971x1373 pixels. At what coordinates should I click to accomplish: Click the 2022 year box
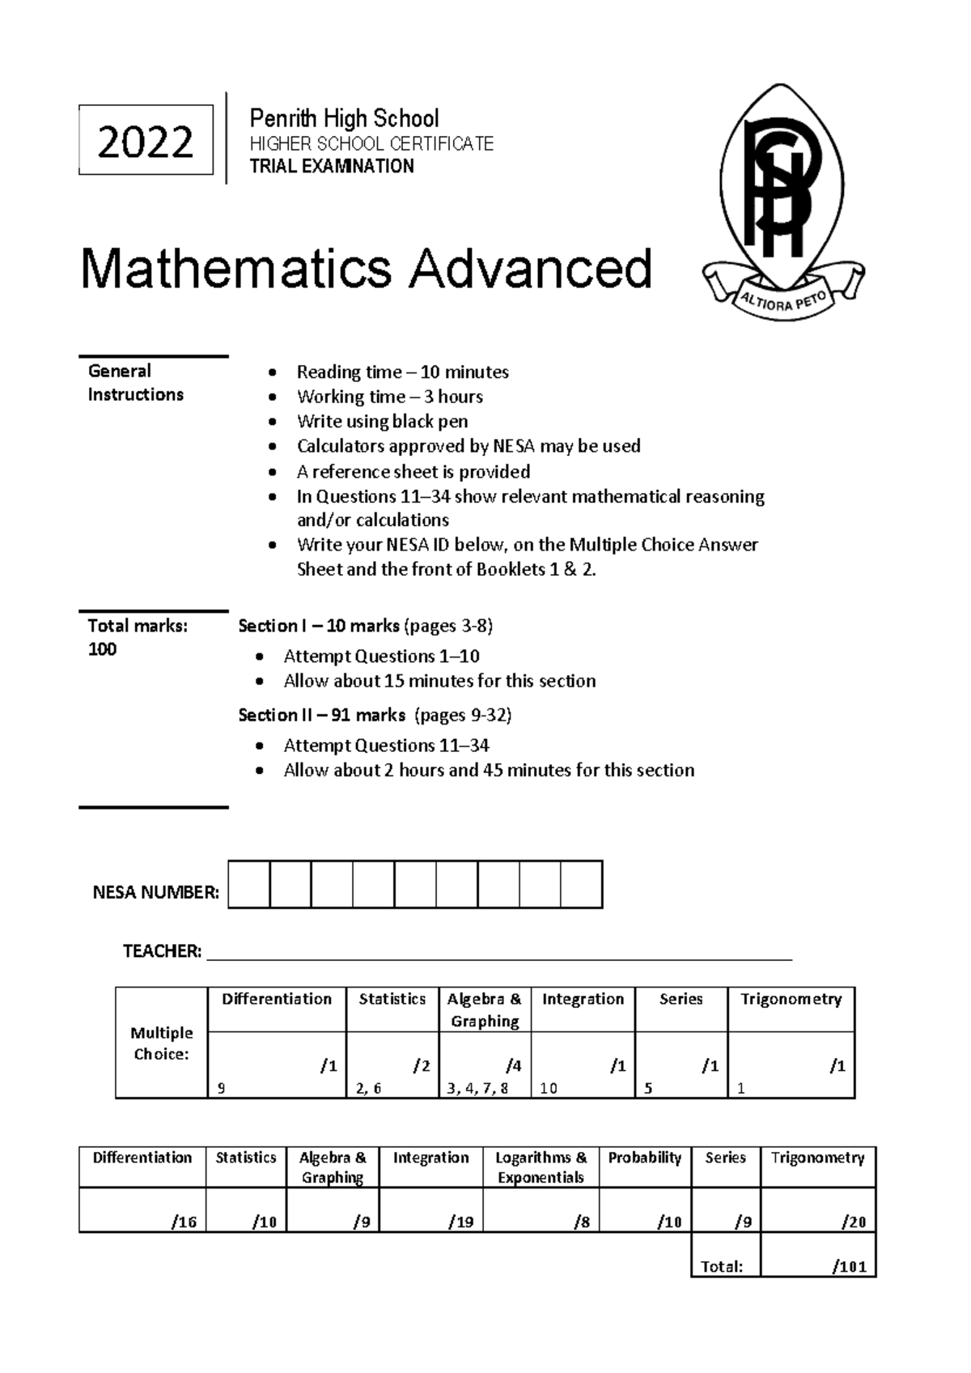click(x=146, y=141)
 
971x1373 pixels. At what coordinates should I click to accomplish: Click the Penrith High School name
click(x=344, y=119)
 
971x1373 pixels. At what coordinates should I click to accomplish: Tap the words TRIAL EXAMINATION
click(x=332, y=167)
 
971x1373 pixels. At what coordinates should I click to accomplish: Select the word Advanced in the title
click(x=530, y=269)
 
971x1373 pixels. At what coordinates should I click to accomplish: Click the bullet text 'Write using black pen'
click(x=382, y=422)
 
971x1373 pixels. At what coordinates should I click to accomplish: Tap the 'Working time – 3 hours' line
click(x=389, y=397)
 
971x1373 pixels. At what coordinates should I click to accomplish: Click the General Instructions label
click(x=135, y=383)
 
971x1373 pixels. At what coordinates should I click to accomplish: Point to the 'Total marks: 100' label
click(x=137, y=637)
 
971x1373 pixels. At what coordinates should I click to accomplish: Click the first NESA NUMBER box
click(x=249, y=885)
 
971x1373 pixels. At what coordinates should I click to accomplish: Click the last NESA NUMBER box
click(x=581, y=885)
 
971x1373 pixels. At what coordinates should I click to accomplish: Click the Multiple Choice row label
click(x=162, y=1044)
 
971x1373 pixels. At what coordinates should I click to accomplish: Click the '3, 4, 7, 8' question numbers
click(x=477, y=1089)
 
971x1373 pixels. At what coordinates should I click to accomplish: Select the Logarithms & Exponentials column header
click(x=541, y=1167)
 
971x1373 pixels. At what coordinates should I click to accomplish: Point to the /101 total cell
click(x=850, y=1267)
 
